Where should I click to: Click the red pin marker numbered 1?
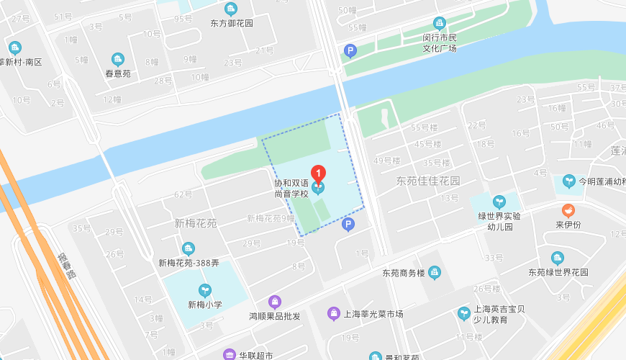[x=318, y=174]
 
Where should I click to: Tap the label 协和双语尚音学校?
[x=291, y=188]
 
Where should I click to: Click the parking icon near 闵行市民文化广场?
[x=350, y=50]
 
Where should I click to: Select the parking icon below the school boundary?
[x=348, y=225]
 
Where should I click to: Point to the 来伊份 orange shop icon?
[x=568, y=211]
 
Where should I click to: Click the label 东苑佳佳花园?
[x=427, y=181]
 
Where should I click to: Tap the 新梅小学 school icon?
[x=206, y=291]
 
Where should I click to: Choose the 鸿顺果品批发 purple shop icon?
[x=274, y=301]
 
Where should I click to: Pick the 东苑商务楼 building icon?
[x=434, y=272]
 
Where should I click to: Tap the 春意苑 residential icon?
[x=117, y=59]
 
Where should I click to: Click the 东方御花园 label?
[x=232, y=23]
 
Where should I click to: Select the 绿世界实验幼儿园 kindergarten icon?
[x=499, y=202]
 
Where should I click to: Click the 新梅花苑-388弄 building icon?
[x=189, y=249]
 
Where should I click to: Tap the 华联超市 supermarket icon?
[x=229, y=354]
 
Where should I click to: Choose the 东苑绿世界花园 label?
[x=558, y=273]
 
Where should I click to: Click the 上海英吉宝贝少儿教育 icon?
[x=463, y=313]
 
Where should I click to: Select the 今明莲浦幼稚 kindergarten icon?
[x=569, y=181]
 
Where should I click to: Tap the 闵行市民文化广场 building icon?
[x=439, y=23]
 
